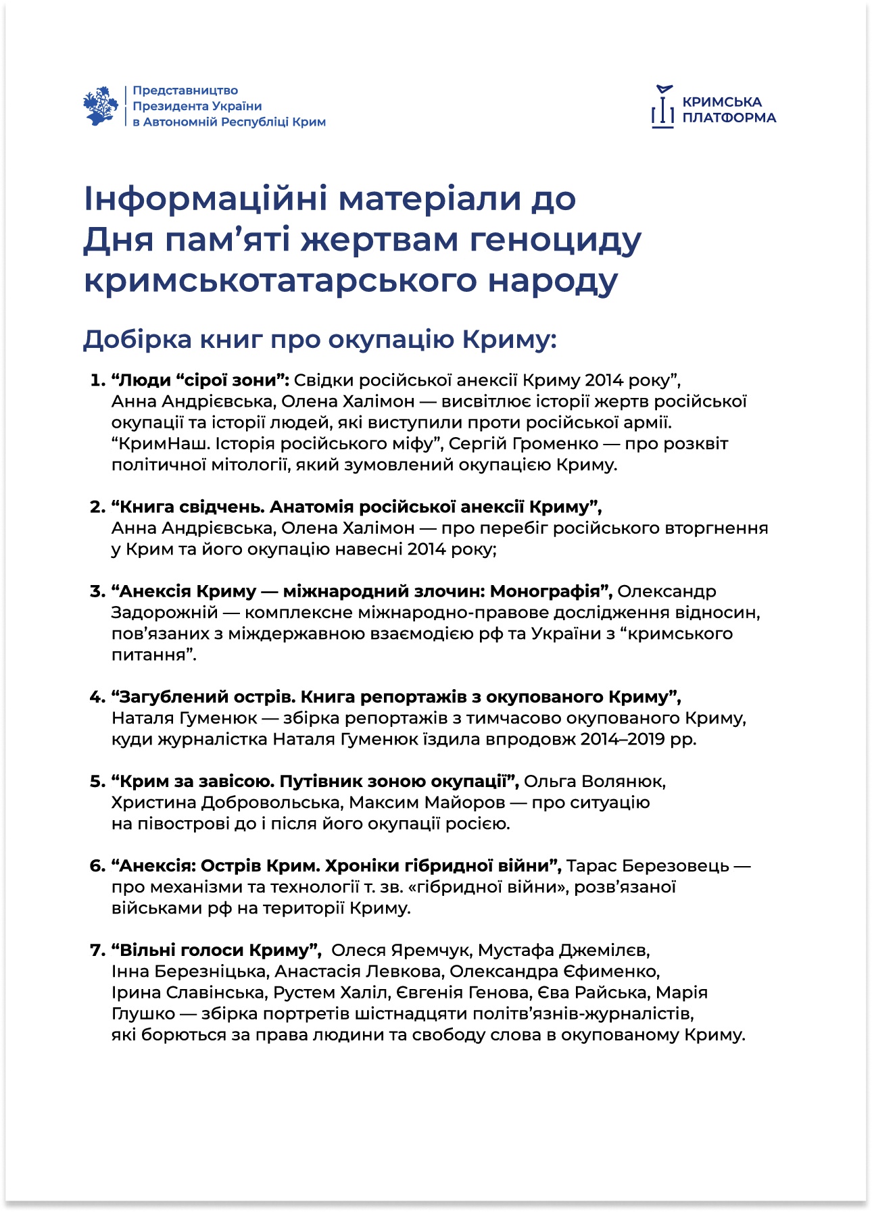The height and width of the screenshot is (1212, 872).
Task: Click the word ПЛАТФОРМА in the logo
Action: (729, 118)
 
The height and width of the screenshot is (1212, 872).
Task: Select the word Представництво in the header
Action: (185, 91)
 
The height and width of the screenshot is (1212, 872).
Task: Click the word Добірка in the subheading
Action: (137, 339)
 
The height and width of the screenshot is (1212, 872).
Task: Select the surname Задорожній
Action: (165, 613)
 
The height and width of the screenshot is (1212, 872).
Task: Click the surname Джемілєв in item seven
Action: (604, 951)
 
